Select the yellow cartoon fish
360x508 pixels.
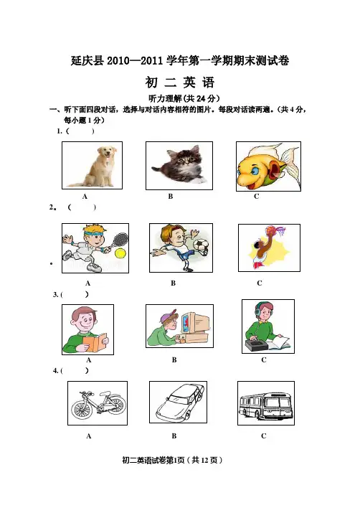pos(268,166)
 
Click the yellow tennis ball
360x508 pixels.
pos(120,253)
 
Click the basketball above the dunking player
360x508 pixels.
pos(272,230)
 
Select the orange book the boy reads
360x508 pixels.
pos(94,342)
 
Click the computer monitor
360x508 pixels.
pos(194,323)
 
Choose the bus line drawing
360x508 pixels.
pos(266,404)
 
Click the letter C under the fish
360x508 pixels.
pos(257,197)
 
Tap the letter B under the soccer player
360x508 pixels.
pos(174,283)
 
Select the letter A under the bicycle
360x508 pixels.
pos(89,436)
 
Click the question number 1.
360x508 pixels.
pos(60,131)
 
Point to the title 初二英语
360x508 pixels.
pos(180,83)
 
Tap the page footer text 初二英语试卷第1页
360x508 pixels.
pos(153,460)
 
